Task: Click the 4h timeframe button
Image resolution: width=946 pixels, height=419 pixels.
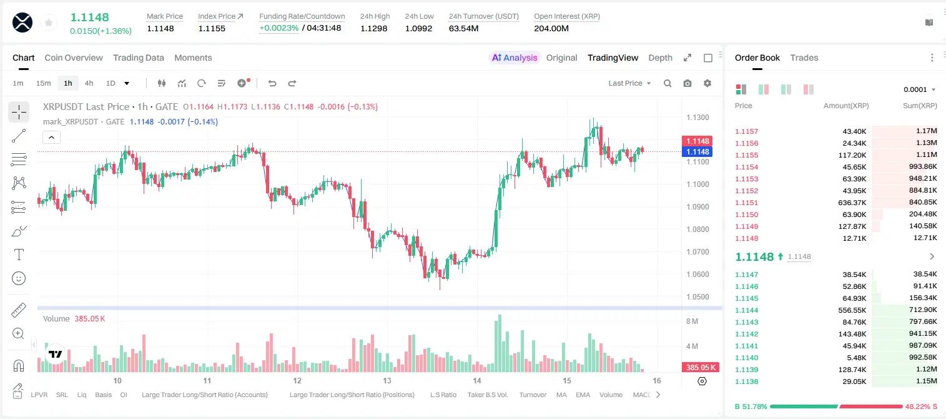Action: [x=89, y=83]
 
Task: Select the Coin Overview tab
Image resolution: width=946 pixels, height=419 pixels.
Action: [x=74, y=58]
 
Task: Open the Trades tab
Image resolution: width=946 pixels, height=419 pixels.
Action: [x=804, y=58]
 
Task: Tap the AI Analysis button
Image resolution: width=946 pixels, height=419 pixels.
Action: [x=515, y=58]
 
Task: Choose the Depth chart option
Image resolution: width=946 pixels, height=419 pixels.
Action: [x=660, y=58]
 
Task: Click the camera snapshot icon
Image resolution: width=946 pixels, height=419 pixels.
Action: [x=687, y=83]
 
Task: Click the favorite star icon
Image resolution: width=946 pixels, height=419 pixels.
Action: [x=49, y=23]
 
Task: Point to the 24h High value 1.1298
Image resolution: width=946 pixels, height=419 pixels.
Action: [x=374, y=28]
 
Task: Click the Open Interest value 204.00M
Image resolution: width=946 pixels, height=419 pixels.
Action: [x=551, y=28]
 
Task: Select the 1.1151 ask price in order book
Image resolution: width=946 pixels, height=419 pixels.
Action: [x=746, y=203]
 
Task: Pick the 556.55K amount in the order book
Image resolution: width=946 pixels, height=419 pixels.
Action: [x=852, y=310]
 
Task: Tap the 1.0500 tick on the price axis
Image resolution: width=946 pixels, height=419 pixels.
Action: [x=697, y=297]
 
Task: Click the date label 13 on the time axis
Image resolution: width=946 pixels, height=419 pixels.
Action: [x=387, y=380]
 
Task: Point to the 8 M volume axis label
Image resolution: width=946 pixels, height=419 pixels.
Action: [x=692, y=321]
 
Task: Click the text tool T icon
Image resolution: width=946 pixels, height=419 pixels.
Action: [x=19, y=255]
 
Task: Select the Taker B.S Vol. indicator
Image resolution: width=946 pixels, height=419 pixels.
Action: [x=487, y=395]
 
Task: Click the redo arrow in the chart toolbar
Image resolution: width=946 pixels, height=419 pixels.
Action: [x=292, y=83]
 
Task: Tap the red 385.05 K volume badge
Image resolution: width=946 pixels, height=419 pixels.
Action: [x=701, y=368]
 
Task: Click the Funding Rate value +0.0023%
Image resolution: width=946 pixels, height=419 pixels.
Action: [x=278, y=28]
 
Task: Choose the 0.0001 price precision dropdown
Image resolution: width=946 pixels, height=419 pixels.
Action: [x=919, y=89]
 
